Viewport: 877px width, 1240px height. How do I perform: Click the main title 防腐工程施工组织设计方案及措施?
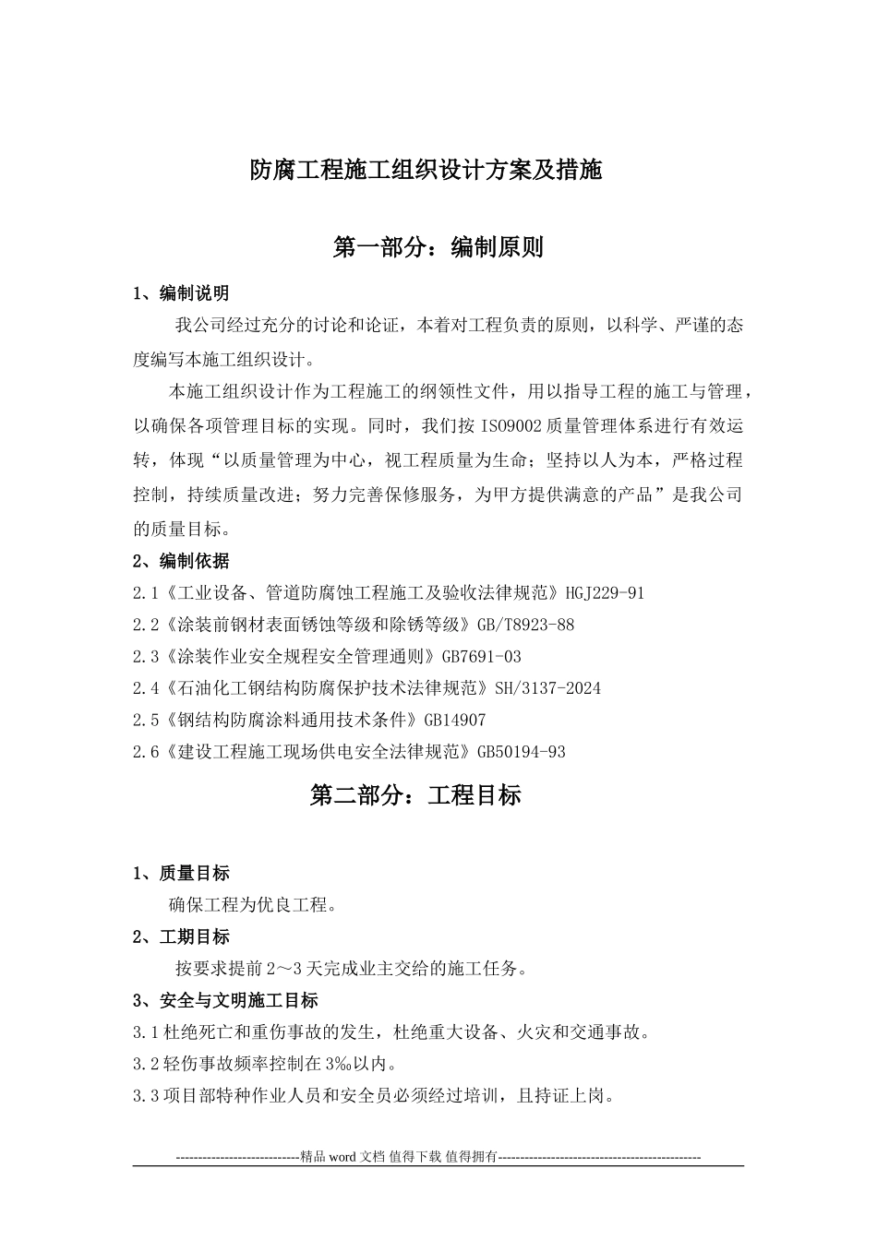click(438, 170)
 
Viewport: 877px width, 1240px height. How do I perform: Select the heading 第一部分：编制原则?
click(438, 247)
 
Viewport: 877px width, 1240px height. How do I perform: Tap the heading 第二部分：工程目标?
click(415, 795)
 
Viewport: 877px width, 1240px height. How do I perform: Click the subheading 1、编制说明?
click(181, 293)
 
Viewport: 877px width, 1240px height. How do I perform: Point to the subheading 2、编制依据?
click(181, 561)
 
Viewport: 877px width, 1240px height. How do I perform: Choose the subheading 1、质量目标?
click(181, 873)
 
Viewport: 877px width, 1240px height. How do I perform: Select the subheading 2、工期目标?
click(181, 937)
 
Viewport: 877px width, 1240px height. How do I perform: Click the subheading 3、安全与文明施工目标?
click(225, 1001)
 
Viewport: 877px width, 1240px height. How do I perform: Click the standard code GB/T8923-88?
click(525, 625)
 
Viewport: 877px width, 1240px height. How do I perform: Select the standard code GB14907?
click(454, 720)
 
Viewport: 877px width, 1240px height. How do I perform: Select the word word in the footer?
click(342, 1156)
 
